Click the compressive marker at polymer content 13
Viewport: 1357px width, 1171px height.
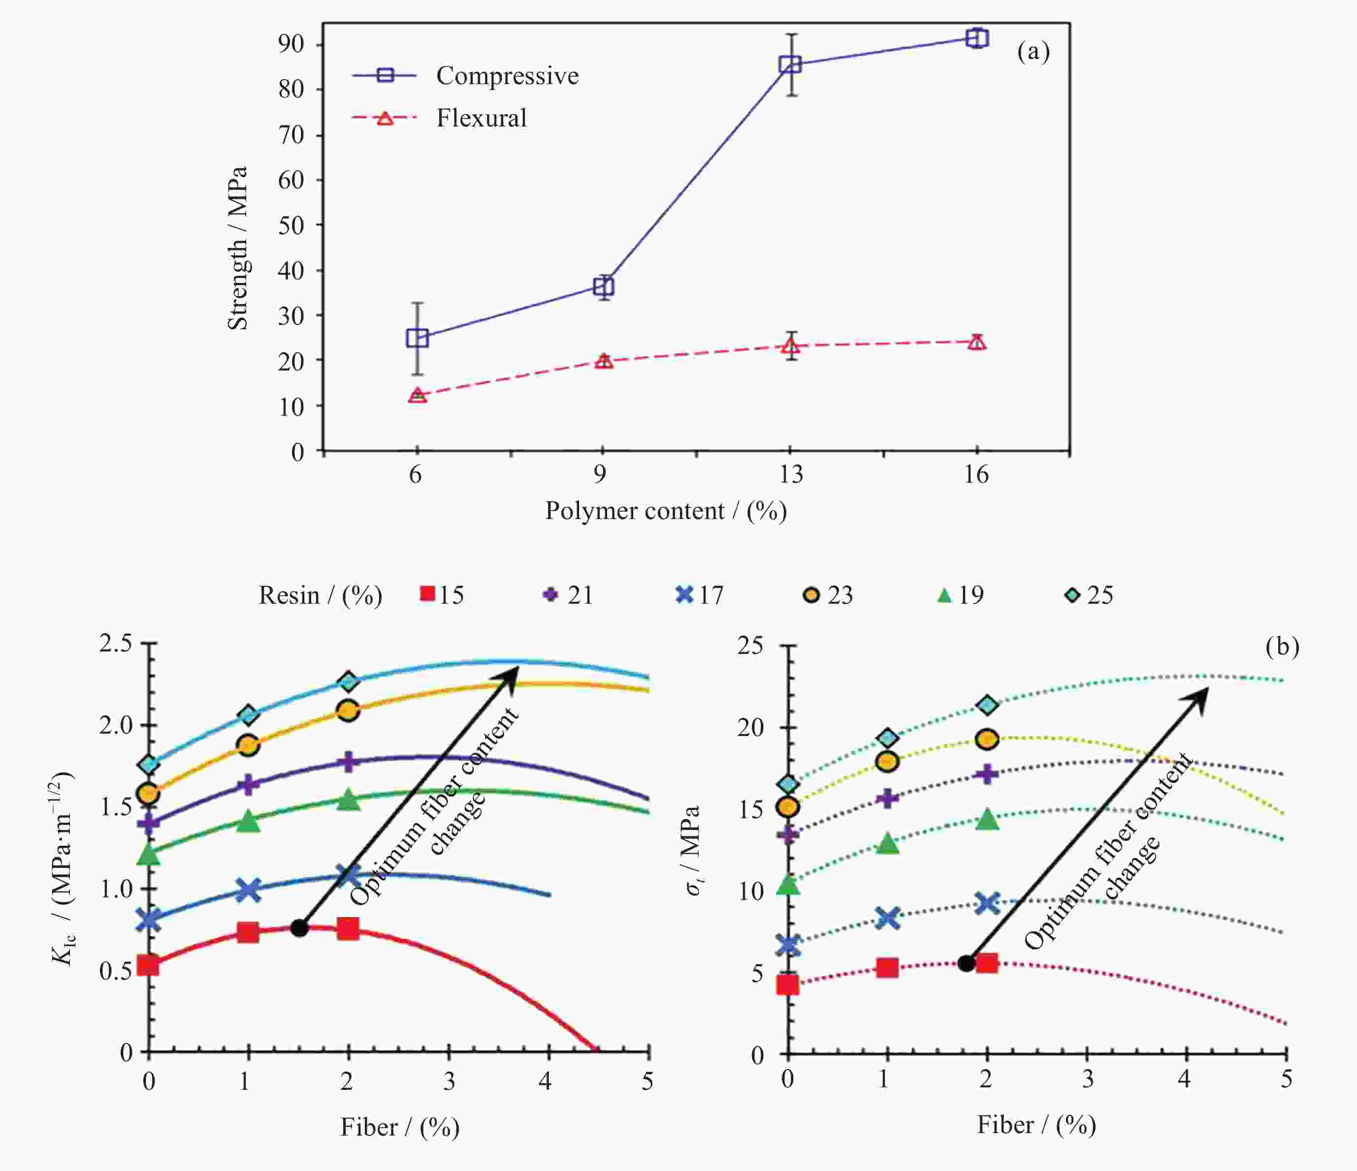(x=790, y=64)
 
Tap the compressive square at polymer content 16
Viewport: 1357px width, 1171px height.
(x=976, y=38)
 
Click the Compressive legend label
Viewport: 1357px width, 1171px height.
(x=507, y=76)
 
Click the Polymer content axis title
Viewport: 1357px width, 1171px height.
(x=665, y=511)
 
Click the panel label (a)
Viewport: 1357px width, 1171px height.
(x=1033, y=51)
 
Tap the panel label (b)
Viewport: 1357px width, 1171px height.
(x=1282, y=647)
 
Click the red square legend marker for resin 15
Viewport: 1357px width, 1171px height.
(x=427, y=594)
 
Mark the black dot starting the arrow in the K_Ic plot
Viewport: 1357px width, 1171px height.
(x=299, y=927)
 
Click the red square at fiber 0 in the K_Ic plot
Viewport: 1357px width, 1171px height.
(x=148, y=965)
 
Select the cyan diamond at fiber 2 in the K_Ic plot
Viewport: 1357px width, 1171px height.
(x=349, y=681)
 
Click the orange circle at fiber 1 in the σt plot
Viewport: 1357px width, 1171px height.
(x=887, y=761)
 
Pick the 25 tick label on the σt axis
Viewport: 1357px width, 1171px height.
(x=750, y=646)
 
